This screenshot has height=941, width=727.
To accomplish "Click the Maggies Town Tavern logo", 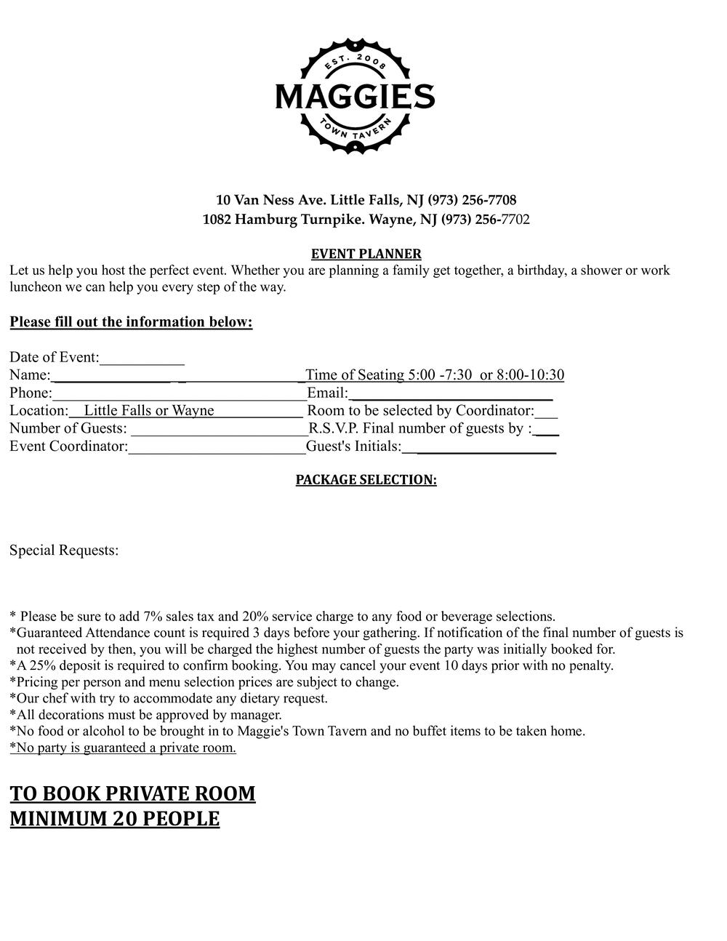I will pos(355,96).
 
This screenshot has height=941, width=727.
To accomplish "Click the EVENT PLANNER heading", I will pos(366,254).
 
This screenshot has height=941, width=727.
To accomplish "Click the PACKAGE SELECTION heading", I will pos(366,480).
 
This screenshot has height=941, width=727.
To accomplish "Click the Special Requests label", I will pos(64,550).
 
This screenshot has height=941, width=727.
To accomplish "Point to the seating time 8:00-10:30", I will pos(531,375).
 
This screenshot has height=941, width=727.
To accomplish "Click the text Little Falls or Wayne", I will pos(149,411).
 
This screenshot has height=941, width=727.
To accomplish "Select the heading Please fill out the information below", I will pos(131,322).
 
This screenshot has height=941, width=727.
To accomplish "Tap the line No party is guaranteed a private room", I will pos(123,748).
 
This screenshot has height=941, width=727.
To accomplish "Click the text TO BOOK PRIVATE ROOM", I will pos(132,793).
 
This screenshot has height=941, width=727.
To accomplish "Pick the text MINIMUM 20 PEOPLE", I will pos(114,819).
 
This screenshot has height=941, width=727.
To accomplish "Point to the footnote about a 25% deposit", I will pos(311,665).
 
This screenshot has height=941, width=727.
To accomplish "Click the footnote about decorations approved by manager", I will pos(145,715).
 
